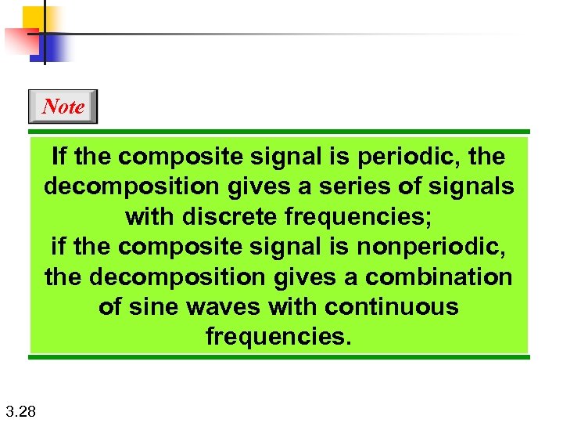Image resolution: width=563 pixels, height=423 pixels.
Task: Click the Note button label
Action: tap(63, 107)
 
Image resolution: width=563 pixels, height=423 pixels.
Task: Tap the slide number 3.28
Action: tap(19, 410)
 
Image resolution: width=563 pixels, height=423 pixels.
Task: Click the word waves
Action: tap(222, 306)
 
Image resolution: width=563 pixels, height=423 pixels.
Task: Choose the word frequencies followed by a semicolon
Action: tap(352, 217)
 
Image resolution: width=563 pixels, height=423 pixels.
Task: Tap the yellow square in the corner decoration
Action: tap(34, 17)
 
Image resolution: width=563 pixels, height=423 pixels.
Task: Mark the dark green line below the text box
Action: tap(279, 357)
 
